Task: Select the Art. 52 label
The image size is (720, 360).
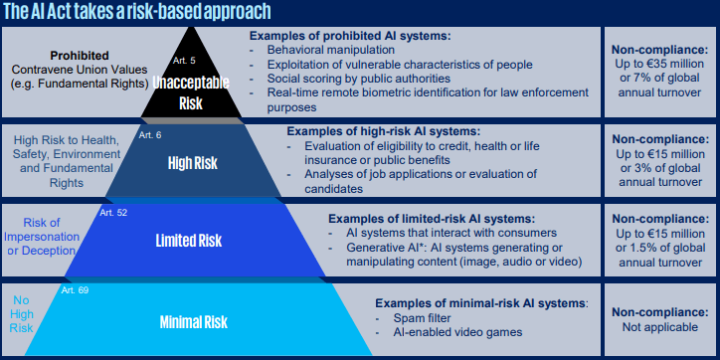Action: click(113, 212)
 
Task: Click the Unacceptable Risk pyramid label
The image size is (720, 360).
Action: click(189, 93)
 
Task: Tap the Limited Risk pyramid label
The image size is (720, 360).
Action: click(189, 241)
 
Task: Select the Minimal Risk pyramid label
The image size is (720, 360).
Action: click(194, 321)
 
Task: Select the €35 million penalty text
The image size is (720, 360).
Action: click(659, 61)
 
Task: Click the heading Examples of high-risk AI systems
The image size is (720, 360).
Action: click(383, 131)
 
